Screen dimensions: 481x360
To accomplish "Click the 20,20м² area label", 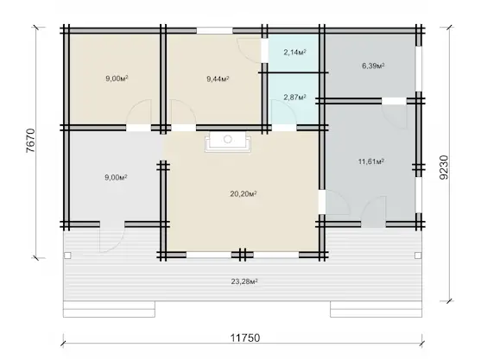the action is [244, 193].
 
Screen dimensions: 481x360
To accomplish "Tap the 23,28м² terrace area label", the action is [244, 281].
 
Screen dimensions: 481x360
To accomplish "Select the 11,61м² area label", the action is [371, 161].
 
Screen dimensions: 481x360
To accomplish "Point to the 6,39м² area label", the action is [373, 66].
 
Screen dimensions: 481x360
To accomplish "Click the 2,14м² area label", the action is [294, 52].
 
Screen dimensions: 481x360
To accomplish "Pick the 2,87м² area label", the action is [294, 98].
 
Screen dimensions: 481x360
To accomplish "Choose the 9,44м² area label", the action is [218, 79].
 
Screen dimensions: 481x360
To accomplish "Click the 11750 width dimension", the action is [245, 338].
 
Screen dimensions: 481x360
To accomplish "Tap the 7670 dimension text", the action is [31, 141].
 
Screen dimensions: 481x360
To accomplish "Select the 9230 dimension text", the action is [444, 167].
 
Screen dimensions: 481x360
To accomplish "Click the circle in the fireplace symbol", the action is [228, 139].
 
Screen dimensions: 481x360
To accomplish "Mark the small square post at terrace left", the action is [67, 256].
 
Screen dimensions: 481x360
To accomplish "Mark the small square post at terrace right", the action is [418, 256].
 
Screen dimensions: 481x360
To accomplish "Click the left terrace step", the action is [109, 309].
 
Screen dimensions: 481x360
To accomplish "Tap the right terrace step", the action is [377, 309].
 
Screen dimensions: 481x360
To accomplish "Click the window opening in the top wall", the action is [215, 31].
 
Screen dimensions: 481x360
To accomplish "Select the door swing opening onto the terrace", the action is [112, 237].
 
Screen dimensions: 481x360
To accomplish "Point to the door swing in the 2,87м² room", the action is [284, 113].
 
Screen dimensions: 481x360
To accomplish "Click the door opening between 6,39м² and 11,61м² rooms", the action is [394, 101].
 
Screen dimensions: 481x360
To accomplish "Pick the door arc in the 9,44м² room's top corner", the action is [249, 51].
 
